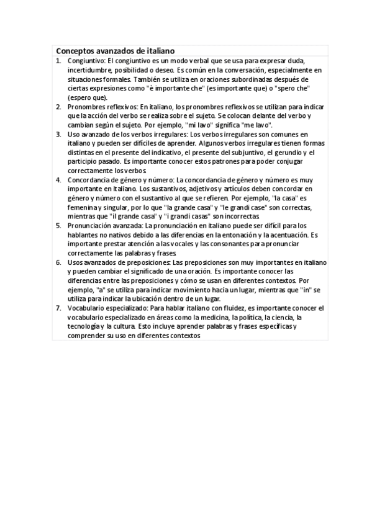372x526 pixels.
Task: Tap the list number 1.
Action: tap(58, 61)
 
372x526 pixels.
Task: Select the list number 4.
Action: tap(58, 180)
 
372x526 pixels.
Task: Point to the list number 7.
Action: tap(58, 308)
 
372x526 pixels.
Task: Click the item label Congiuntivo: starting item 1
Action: tap(87, 61)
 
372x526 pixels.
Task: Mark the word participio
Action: tap(85, 161)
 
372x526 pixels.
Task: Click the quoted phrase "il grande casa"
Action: tap(132, 216)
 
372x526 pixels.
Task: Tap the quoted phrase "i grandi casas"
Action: tap(190, 216)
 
